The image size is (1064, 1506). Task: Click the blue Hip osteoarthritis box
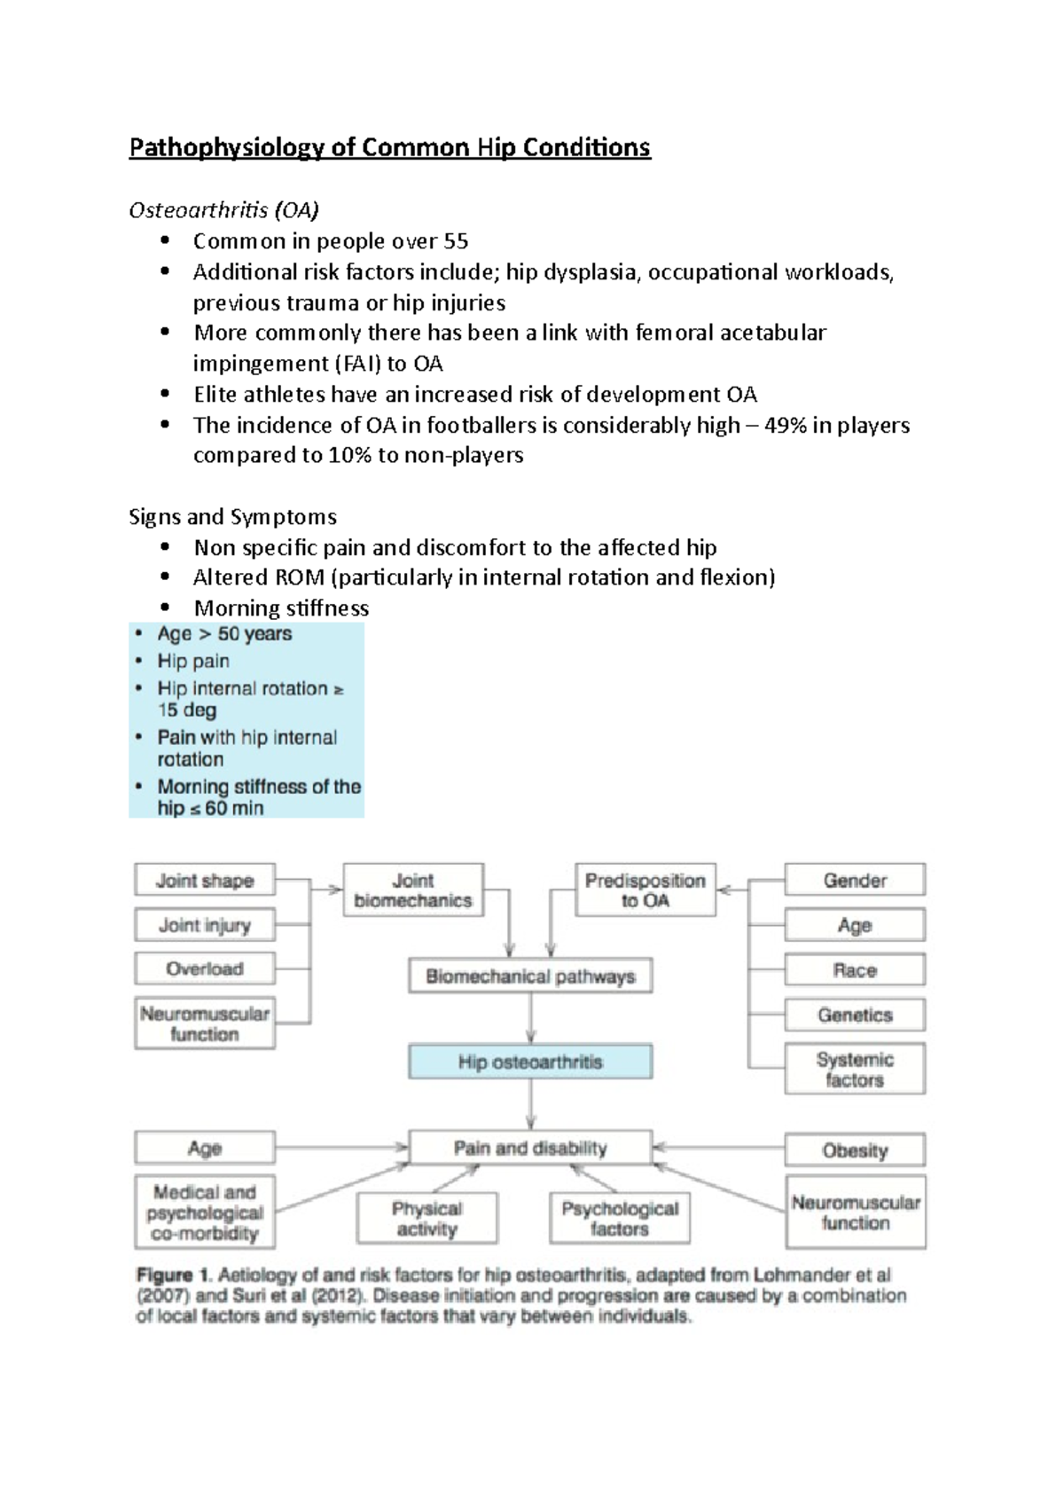pos(530,1062)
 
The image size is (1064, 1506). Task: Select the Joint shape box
pos(205,881)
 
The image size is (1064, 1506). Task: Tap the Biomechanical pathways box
pos(530,977)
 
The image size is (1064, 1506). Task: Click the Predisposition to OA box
pos(645,890)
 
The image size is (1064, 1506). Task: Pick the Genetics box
pos(855,1015)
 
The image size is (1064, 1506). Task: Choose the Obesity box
pos(855,1150)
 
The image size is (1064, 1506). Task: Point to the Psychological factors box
pos(620,1219)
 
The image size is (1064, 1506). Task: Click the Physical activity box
pos(426,1219)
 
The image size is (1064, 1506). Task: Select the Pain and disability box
pos(530,1148)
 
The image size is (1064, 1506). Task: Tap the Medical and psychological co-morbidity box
pos(205,1212)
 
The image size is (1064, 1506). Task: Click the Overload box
pos(205,969)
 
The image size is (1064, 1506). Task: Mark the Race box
pos(855,970)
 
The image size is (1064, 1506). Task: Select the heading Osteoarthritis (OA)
pos(223,210)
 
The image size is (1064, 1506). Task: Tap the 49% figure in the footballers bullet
pos(786,425)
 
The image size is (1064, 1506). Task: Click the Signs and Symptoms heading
pos(232,516)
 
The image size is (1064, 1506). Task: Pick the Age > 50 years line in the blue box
pos(224,633)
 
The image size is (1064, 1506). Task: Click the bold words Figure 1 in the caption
pos(173,1275)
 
